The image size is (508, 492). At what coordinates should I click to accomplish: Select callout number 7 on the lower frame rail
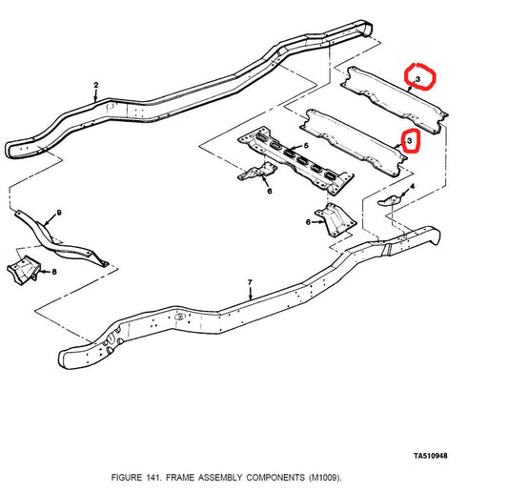pos(250,282)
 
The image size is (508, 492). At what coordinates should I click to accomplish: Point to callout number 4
pos(412,187)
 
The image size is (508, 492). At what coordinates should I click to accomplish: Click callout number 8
pos(53,271)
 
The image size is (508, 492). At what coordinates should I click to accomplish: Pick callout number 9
pos(58,211)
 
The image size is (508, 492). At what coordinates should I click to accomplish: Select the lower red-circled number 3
pos(410,140)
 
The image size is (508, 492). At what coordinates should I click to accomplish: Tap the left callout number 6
pos(270,191)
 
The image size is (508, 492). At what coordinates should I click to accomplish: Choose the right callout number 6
pos(308,221)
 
